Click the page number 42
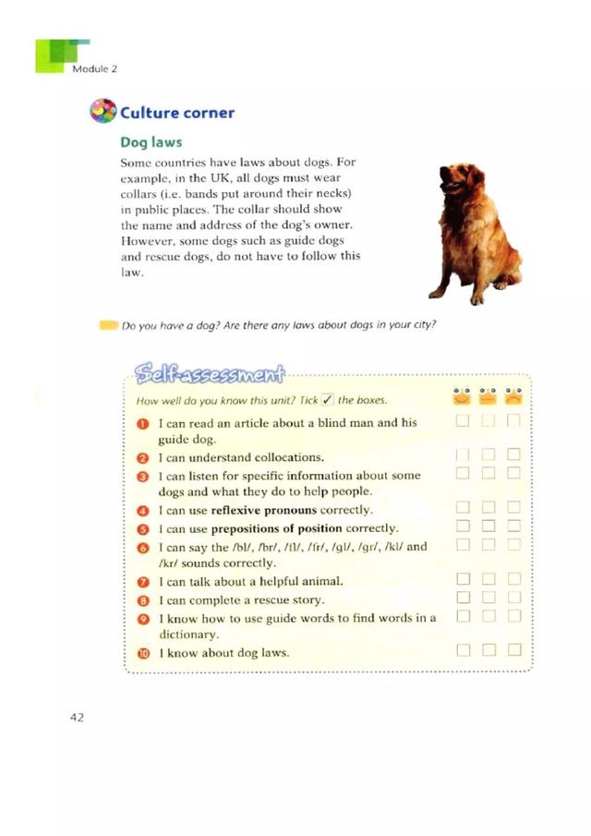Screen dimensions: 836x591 (x=77, y=718)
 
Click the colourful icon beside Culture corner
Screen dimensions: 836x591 (x=103, y=112)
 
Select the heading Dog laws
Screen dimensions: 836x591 (x=151, y=143)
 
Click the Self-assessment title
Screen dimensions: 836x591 (x=209, y=373)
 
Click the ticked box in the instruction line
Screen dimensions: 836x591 (x=326, y=400)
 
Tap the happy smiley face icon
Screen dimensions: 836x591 (x=463, y=397)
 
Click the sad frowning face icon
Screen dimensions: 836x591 (x=514, y=397)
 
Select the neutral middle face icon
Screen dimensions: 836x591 (x=488, y=397)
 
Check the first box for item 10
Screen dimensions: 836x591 (x=464, y=651)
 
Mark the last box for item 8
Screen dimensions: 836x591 (x=514, y=599)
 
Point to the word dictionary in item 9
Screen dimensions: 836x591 (x=188, y=635)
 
